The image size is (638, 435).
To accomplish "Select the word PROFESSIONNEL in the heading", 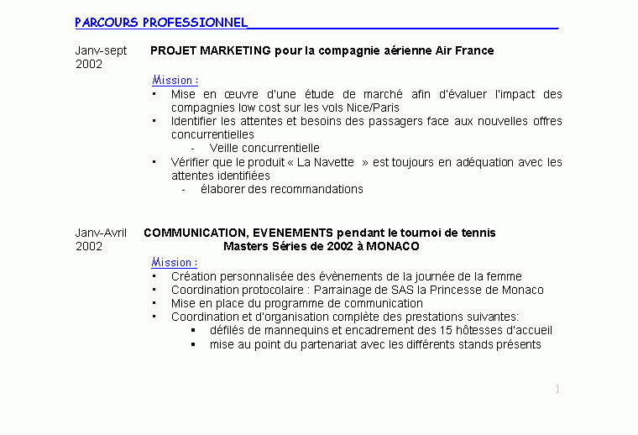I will click(195, 23).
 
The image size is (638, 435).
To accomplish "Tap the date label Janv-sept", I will click(101, 50).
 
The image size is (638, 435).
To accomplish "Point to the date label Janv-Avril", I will click(101, 233).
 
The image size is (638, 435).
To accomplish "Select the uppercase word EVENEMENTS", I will click(288, 233).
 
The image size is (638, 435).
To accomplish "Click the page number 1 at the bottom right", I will click(557, 389).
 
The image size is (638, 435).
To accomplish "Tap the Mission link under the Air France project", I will click(174, 80).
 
